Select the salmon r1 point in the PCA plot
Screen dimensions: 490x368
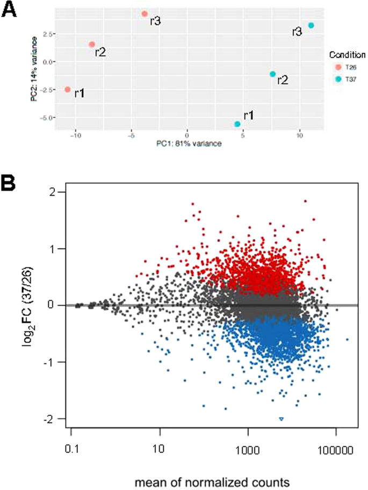[x=68, y=90]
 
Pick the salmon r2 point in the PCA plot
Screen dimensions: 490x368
[x=92, y=45]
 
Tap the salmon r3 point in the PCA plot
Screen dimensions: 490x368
[x=145, y=14]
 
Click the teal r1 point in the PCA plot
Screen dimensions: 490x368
[x=237, y=124]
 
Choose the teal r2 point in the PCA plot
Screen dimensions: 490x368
[x=273, y=74]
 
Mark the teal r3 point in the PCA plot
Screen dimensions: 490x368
[x=311, y=25]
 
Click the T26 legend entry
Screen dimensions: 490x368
[x=344, y=67]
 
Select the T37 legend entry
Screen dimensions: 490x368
[x=344, y=78]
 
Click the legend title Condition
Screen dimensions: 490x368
[x=348, y=55]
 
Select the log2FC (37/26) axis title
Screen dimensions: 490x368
[x=28, y=304]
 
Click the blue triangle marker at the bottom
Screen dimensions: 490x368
[x=281, y=419]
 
